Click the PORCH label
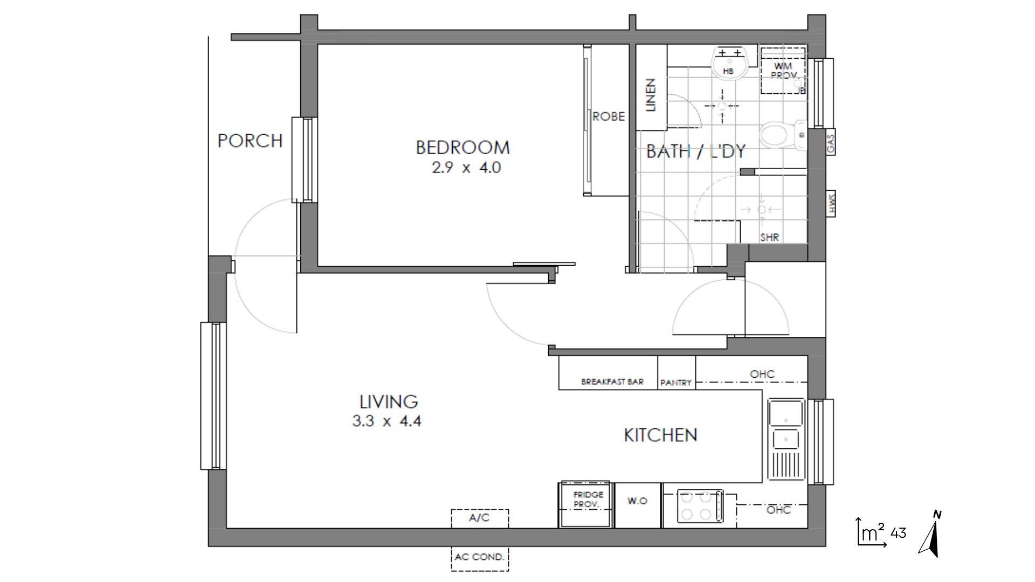click(250, 141)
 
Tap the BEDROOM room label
click(463, 147)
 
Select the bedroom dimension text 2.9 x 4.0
click(466, 168)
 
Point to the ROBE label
click(609, 116)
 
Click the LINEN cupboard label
click(651, 95)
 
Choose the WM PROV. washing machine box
click(783, 71)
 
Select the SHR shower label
click(769, 237)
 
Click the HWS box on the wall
click(830, 204)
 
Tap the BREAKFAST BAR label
click(612, 382)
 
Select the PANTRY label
click(676, 383)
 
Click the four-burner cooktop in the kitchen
click(700, 505)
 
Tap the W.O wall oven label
click(637, 501)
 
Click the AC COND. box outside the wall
click(480, 557)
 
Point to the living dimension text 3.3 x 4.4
click(387, 420)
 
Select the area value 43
click(899, 533)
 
